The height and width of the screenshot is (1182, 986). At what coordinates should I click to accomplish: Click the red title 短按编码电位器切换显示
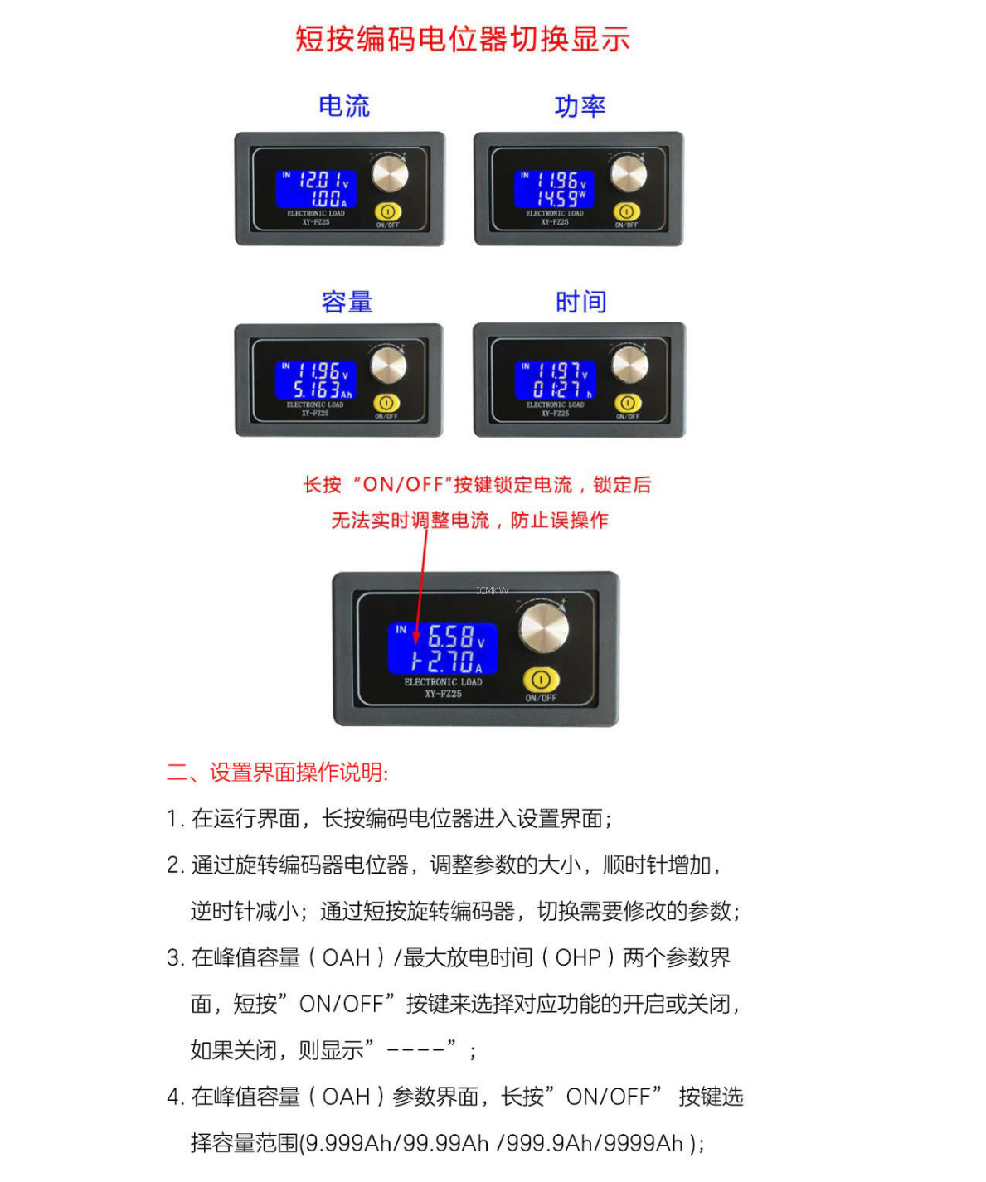click(462, 39)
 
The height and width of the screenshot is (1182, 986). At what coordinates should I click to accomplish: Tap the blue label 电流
click(344, 106)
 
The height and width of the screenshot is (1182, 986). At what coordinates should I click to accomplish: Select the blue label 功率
click(580, 106)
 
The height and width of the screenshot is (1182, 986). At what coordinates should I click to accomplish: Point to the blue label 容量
click(347, 301)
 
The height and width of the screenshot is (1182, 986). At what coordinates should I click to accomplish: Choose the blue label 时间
click(580, 301)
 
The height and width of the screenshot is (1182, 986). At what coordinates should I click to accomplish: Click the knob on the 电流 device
click(389, 174)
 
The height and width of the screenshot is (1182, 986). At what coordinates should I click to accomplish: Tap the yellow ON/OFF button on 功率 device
click(626, 211)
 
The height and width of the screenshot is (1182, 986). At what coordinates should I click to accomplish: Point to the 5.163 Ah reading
click(322, 390)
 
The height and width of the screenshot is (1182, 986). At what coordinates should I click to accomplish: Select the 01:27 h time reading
click(561, 390)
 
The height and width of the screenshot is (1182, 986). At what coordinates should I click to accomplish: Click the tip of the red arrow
click(416, 644)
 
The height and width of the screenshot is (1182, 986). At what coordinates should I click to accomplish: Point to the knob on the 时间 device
click(629, 366)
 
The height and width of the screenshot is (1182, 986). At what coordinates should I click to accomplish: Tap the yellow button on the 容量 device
click(386, 403)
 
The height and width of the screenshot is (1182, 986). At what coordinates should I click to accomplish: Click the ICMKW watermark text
click(492, 591)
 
